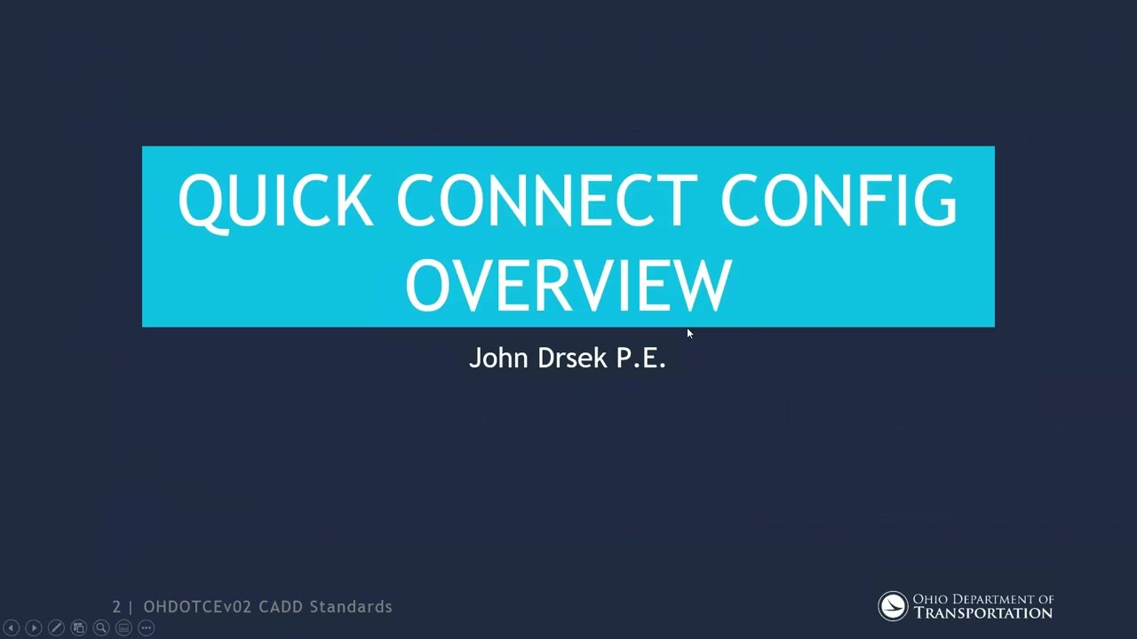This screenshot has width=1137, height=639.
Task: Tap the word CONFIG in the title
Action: click(839, 201)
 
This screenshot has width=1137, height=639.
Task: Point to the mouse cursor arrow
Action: click(689, 333)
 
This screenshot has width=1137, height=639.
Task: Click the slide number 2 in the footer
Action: click(116, 607)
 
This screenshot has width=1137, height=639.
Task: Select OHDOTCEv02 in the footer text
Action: click(198, 607)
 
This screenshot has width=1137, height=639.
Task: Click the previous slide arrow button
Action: click(12, 627)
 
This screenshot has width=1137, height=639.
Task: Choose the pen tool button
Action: click(56, 627)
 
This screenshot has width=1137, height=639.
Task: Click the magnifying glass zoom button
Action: click(101, 627)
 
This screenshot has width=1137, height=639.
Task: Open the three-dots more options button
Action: click(147, 627)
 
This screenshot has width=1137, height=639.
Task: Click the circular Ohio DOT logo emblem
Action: click(893, 606)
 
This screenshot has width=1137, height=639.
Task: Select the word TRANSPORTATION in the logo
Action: click(983, 613)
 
